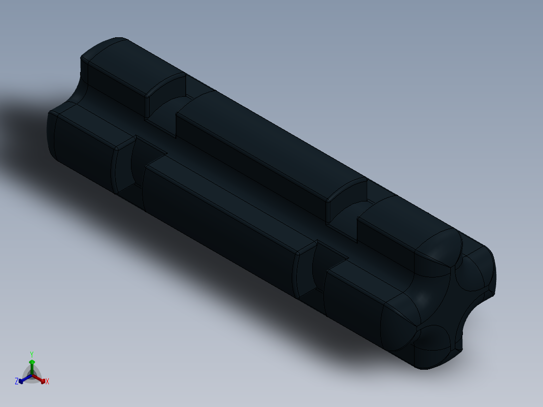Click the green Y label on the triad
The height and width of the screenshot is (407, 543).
point(32,354)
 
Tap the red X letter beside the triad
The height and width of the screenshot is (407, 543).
point(47,381)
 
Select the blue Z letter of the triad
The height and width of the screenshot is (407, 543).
point(17,381)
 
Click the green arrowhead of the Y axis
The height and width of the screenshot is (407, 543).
point(32,362)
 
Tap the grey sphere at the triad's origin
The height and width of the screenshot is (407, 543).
point(32,376)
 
